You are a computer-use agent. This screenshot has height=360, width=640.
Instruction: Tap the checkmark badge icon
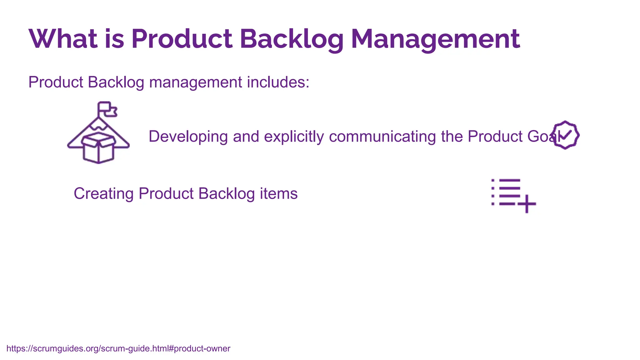tap(566, 135)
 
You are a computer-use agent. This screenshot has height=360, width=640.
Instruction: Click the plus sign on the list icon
tap(527, 204)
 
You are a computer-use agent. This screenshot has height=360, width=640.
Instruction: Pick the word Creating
tap(103, 193)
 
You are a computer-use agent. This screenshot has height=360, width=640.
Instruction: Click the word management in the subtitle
tap(196, 82)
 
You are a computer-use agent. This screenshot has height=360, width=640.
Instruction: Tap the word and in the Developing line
tap(246, 137)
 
